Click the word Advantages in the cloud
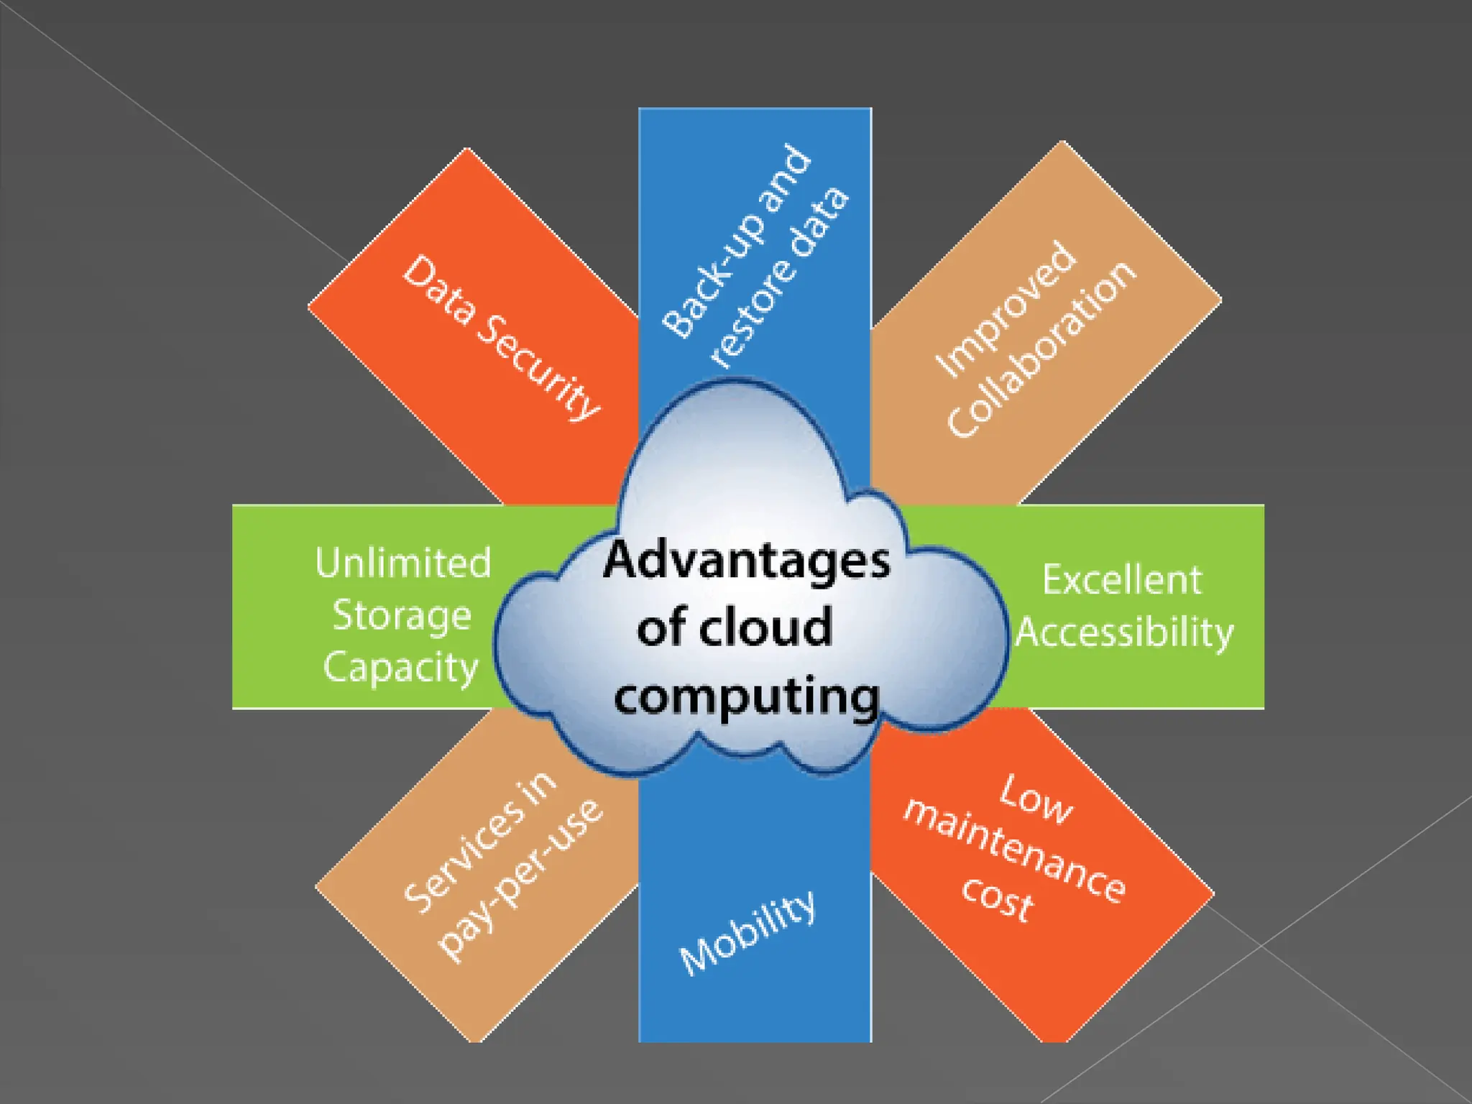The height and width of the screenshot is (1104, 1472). pos(746,562)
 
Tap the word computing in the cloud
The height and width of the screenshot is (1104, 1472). pos(746,697)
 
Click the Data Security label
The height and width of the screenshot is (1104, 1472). pos(501,337)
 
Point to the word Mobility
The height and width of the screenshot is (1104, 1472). pos(747,933)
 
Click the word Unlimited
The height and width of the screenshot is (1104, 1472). pos(402,563)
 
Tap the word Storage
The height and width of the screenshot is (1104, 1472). pos(401,616)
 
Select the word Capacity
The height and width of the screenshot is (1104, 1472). pos(400,668)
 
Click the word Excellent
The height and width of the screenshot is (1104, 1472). pos(1122,580)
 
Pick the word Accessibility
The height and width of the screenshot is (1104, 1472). pos(1124,633)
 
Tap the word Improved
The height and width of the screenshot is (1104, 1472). pos(1006,309)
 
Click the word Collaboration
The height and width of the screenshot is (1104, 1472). pos(1041,349)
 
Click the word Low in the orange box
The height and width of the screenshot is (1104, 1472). pos(1036,798)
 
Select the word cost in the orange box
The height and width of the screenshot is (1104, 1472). pos(998,898)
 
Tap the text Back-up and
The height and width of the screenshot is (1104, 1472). pos(737,241)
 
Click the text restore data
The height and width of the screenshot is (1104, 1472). pos(779,277)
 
